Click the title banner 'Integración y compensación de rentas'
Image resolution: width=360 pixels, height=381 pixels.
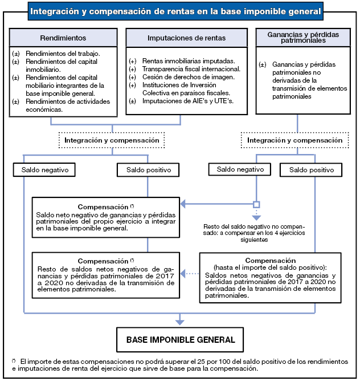click(175, 11)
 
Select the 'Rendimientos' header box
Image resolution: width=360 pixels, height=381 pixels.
click(63, 38)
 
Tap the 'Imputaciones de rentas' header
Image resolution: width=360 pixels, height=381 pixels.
click(186, 38)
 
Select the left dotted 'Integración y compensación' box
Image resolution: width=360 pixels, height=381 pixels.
click(112, 139)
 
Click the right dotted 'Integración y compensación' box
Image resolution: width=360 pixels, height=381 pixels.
click(294, 139)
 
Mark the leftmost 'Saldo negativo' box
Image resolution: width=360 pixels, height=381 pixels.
click(44, 170)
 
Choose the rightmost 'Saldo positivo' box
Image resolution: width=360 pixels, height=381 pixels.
click(311, 170)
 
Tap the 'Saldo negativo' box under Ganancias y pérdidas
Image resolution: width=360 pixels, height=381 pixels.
click(236, 169)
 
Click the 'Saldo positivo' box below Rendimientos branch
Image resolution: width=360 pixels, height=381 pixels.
click(148, 170)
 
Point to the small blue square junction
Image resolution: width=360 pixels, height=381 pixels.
click(256, 204)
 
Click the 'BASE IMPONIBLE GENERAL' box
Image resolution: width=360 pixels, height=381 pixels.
click(180, 339)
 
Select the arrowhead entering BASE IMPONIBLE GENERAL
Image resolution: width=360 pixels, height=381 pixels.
click(180, 323)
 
